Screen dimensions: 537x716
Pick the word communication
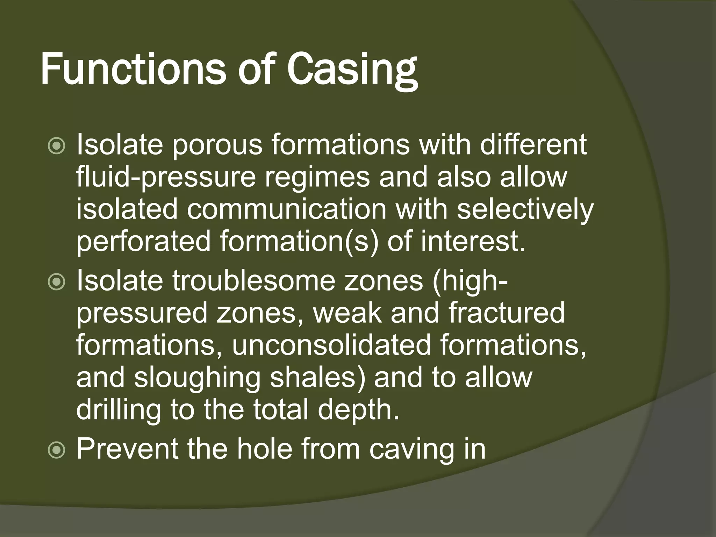point(287,209)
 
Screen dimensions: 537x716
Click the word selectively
point(525,209)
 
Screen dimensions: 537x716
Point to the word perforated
point(143,242)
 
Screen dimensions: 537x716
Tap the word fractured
point(507,313)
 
